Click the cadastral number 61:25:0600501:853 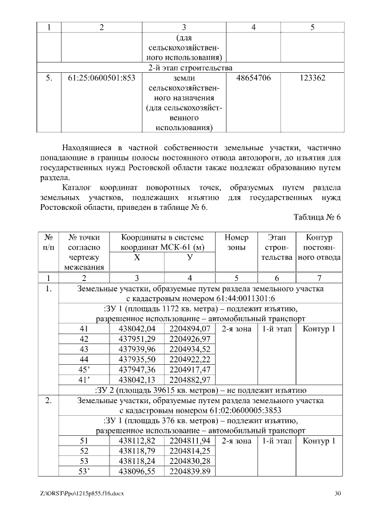[x=98, y=77]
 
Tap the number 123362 [x=313, y=77]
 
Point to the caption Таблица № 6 [x=317, y=217]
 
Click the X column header [x=136, y=258]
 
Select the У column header [x=190, y=258]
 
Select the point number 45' [x=84, y=369]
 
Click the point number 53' [x=84, y=471]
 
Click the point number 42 [x=84, y=339]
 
